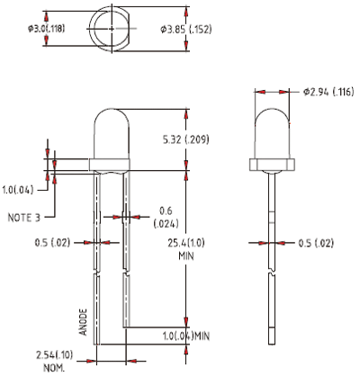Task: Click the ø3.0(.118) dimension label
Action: pos(46,29)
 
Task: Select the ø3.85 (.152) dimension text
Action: pos(186,30)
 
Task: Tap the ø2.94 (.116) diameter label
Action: pos(328,92)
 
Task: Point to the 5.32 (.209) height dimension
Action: pos(185,139)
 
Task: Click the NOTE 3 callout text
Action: pos(23,218)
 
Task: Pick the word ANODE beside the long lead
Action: pos(83,322)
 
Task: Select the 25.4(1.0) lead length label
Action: pos(186,243)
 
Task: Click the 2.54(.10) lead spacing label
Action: pos(54,355)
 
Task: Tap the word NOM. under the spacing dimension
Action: pos(54,368)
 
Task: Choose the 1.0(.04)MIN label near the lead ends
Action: pos(186,336)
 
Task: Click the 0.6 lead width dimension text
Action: pos(166,210)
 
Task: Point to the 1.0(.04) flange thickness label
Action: pos(18,190)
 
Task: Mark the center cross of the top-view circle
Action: pos(112,29)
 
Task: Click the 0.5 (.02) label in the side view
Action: pos(316,243)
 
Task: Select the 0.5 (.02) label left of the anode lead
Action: pos(52,242)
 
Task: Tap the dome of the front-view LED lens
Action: pos(112,110)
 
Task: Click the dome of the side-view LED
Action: pos(272,109)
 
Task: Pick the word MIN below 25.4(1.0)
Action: pos(186,256)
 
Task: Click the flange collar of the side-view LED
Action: pos(272,165)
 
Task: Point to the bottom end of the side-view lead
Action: pos(272,345)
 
